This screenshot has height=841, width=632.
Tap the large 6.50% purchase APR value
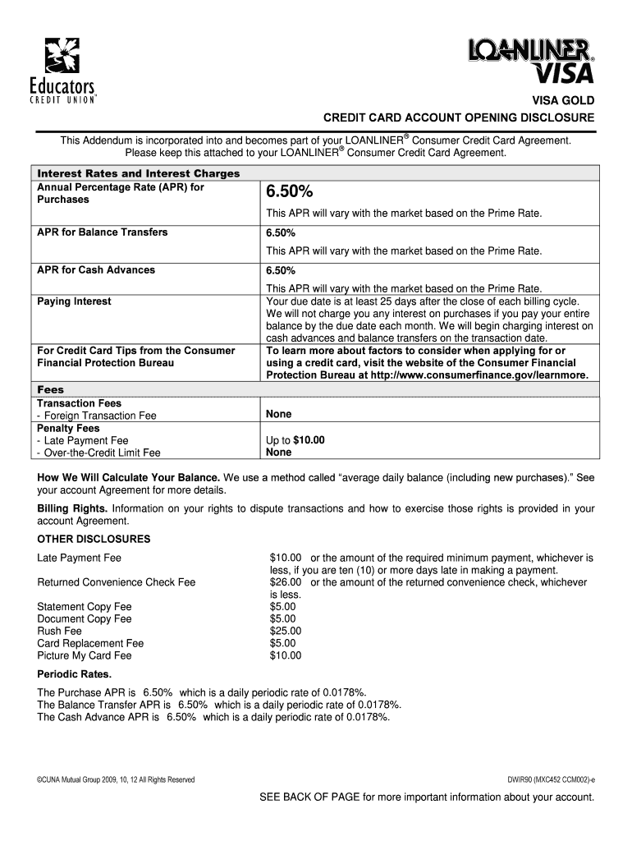[x=288, y=192]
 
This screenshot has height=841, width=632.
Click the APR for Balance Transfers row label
[x=102, y=232]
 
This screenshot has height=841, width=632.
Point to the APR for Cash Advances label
[x=96, y=270]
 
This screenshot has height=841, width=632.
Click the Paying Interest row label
[x=74, y=301]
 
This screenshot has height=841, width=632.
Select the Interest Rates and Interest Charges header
[x=139, y=173]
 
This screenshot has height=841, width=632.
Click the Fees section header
[x=51, y=389]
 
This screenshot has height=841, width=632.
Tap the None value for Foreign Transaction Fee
[x=278, y=415]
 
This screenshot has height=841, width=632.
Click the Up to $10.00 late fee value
[x=295, y=440]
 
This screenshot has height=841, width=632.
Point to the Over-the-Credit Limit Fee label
[x=101, y=453]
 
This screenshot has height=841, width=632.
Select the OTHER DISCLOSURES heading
[x=94, y=540]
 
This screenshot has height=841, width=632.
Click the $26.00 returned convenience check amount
[x=286, y=582]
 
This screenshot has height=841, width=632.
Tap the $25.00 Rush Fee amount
[x=286, y=632]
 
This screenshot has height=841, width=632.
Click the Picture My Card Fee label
[x=85, y=656]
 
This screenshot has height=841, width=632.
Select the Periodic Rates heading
[x=75, y=674]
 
